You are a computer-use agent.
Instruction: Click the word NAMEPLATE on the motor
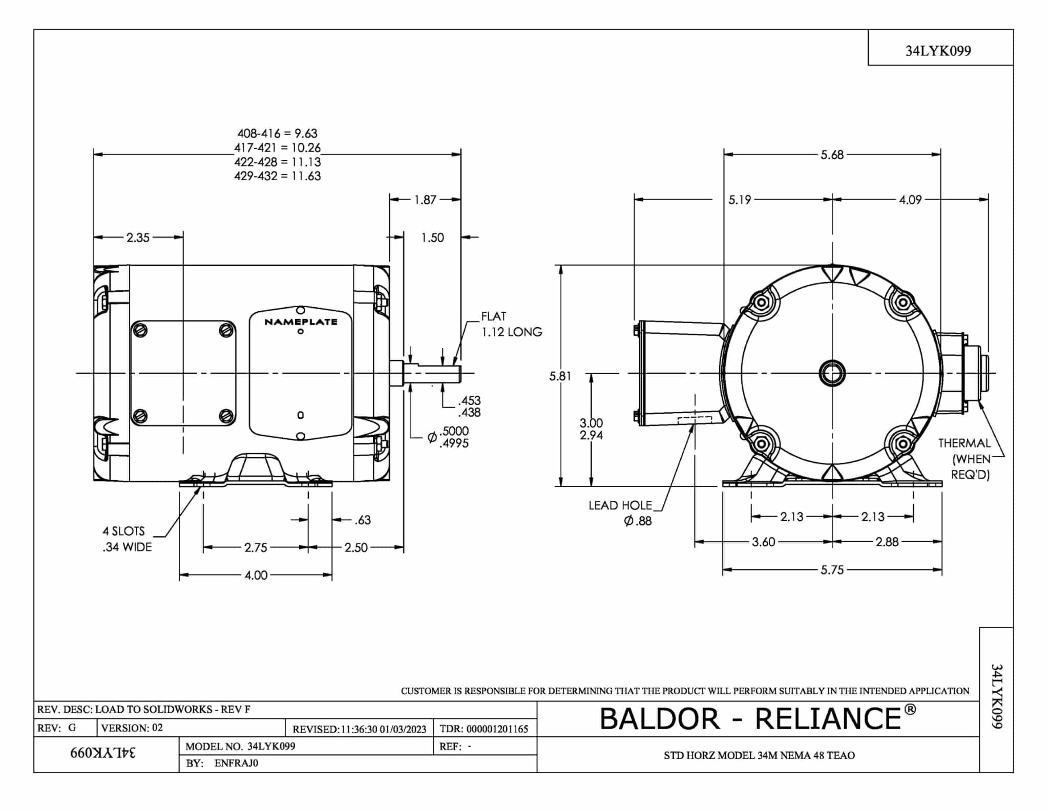[x=301, y=322]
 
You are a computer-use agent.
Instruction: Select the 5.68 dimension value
[x=832, y=155]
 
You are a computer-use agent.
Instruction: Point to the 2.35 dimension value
[x=138, y=238]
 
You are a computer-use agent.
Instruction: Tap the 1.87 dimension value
[x=425, y=200]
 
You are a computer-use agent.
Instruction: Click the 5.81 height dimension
[x=560, y=376]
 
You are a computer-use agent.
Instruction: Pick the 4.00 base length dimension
[x=256, y=575]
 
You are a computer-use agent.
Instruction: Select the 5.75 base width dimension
[x=832, y=570]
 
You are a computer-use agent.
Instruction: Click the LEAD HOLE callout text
[x=620, y=506]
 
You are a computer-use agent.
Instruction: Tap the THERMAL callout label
[x=964, y=443]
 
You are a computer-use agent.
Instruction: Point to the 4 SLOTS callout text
[x=124, y=531]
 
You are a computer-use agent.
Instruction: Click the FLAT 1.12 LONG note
[x=511, y=325]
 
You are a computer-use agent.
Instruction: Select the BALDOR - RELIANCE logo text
[x=757, y=718]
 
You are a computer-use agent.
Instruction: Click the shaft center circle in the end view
[x=832, y=373]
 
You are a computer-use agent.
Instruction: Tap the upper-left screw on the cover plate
[x=140, y=330]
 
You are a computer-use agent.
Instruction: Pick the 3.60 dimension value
[x=763, y=542]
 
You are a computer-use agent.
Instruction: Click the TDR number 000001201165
[x=497, y=729]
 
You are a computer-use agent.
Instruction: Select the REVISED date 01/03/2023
[x=403, y=729]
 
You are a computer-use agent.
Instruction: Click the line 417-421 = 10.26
[x=277, y=148]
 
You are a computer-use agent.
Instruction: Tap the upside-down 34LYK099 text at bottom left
[x=103, y=753]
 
